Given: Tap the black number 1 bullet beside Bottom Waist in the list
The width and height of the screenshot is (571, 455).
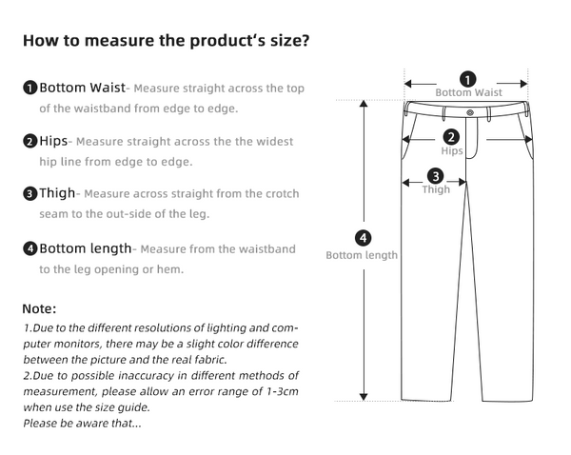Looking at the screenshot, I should pos(30,89).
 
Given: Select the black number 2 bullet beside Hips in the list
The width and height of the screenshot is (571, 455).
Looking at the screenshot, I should pos(30,142).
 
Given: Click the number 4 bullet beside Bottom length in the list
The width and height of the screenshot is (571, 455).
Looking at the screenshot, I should pos(30,249).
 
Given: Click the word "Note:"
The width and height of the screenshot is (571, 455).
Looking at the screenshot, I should pos(40,309).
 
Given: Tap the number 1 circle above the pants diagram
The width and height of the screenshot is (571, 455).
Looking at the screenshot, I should pos(468,79).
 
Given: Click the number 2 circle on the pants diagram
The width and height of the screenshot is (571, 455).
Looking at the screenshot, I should pos(452,137).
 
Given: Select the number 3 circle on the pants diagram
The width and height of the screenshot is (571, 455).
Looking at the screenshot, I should pos(436,176).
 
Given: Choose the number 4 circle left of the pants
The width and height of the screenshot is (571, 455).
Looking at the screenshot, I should pos(363,238).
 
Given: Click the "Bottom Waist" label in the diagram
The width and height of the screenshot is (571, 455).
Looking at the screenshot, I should pos(468,93).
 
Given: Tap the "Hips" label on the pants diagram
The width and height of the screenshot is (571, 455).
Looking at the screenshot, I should pos(452,151).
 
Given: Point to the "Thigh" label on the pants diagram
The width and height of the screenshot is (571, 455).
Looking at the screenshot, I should pos(436,189).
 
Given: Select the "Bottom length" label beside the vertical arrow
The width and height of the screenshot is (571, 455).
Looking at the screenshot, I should pos(362,255).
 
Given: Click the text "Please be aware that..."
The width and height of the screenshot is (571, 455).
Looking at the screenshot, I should pos(83,423).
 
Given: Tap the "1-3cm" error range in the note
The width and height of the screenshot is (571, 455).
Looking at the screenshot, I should pos(276,391).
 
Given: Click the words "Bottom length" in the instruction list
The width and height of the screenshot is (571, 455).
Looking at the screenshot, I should pos(85,248).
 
